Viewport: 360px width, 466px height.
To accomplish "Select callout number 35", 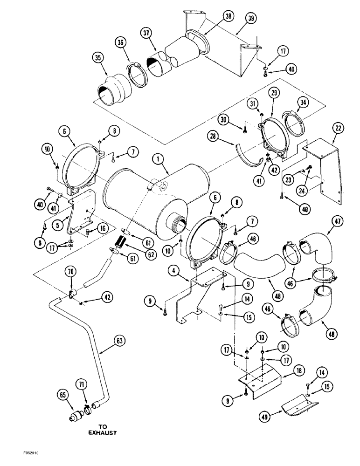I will click(97, 59).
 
